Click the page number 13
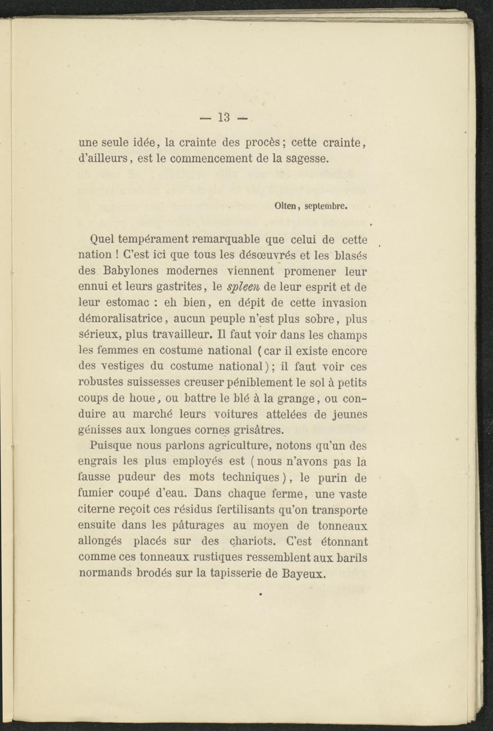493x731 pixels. click(x=224, y=117)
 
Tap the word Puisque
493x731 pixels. click(x=111, y=445)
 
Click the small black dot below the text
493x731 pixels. click(x=259, y=595)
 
